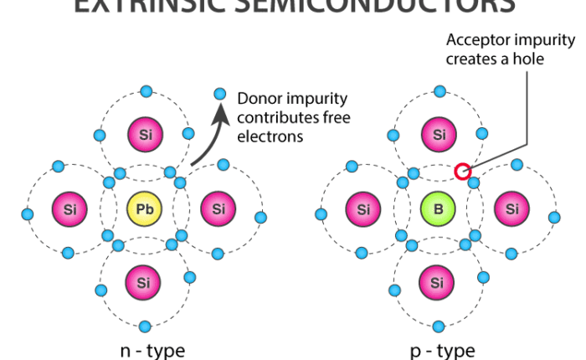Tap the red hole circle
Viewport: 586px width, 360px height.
[461, 172]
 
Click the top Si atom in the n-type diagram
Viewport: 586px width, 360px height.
[144, 134]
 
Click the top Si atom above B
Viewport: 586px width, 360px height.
[437, 134]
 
